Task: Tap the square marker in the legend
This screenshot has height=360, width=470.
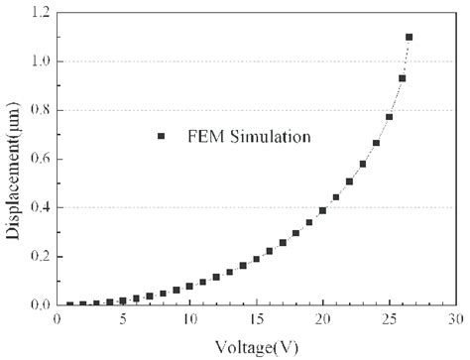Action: coord(160,135)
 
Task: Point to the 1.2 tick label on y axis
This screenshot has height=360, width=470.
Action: coord(40,13)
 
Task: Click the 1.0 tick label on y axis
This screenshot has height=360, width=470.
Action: coord(40,61)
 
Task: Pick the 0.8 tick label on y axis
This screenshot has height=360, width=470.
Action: coord(40,110)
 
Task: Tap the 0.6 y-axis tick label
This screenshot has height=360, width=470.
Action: coord(40,159)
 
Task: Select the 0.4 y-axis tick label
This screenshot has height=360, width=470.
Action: coord(40,207)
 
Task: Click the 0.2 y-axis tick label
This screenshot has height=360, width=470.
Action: coord(40,256)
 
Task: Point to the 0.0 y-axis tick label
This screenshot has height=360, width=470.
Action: coord(40,304)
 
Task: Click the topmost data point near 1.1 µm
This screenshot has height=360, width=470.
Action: coord(410,37)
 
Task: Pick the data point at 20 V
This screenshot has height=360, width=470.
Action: coord(322,210)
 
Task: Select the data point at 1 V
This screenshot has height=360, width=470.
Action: coord(69,304)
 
